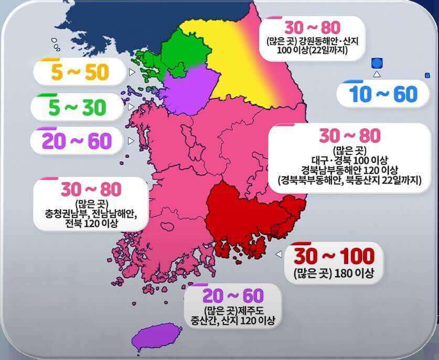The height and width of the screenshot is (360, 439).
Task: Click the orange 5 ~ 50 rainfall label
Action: pyautogui.click(x=79, y=73)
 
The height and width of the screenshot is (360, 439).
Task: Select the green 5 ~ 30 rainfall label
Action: pyautogui.click(x=77, y=107)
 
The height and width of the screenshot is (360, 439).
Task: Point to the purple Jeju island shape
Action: pyautogui.click(x=154, y=336)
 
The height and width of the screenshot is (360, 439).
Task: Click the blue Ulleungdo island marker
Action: pyautogui.click(x=376, y=63)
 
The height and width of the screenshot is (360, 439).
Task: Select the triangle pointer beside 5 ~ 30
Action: pyautogui.click(x=130, y=106)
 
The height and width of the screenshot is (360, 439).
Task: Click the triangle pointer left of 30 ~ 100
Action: pyautogui.click(x=279, y=254)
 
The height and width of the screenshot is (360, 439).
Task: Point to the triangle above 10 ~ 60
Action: pyautogui.click(x=376, y=74)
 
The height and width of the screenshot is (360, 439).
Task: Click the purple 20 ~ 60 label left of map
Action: pyautogui.click(x=77, y=140)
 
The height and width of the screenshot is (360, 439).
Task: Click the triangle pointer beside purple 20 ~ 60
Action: pyautogui.click(x=131, y=140)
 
